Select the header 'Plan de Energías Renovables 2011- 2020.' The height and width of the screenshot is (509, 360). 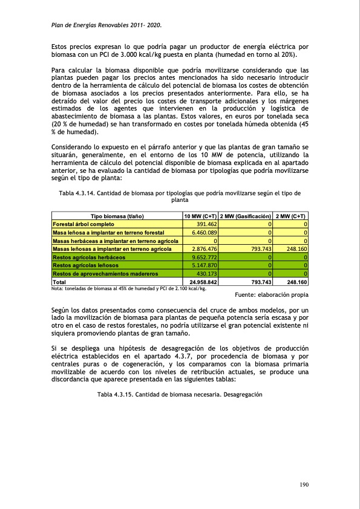105,25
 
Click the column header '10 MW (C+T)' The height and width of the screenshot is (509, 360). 200,216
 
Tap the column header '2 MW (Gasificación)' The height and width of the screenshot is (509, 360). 244,216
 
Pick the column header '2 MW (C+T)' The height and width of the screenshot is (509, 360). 290,216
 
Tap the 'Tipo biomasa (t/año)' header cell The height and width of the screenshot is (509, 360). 117,216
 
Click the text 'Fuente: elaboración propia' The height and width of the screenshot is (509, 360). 270,295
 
